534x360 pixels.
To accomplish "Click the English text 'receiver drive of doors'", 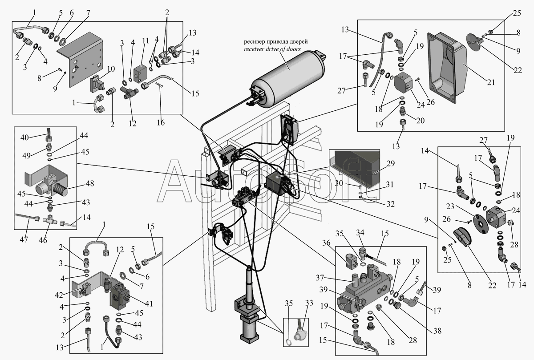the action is (272, 49).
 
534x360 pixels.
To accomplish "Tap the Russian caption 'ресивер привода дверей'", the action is (275, 42).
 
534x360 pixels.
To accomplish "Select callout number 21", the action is (491, 82).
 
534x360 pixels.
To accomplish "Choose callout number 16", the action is (161, 122).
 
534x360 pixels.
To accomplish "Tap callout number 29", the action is (391, 164).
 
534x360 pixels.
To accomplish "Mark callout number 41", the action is (149, 304).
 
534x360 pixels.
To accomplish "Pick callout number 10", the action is (111, 69).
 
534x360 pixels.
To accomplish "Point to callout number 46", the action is (43, 240).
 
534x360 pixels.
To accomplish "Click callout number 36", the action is (326, 243).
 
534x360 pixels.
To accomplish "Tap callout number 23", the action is (450, 206).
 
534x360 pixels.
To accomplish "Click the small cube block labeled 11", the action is (141, 74).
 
